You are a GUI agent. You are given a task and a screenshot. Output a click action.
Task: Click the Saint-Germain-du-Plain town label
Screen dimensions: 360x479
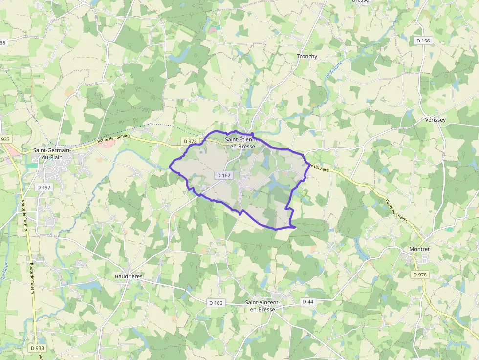[52, 154]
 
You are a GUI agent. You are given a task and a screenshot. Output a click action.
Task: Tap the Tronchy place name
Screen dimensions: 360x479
[307, 56]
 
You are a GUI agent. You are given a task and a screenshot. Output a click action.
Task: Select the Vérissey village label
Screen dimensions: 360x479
[435, 120]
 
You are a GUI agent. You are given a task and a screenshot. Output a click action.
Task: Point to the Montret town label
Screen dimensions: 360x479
[419, 249]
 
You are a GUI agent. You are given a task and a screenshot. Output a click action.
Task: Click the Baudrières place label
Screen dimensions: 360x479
[129, 276]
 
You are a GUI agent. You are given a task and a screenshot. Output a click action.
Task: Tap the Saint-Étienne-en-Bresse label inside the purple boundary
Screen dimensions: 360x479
[240, 143]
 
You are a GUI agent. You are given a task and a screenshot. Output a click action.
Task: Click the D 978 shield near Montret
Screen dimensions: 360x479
[419, 275]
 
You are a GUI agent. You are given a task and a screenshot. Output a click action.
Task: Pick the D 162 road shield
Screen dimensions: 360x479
[223, 175]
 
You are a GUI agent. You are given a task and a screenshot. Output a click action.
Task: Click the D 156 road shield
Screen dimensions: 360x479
[423, 41]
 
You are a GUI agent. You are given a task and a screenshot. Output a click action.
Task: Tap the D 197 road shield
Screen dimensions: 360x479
[44, 187]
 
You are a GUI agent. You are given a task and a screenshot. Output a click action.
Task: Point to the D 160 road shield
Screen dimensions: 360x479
[215, 303]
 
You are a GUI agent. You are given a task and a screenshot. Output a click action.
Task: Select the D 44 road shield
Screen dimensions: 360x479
[307, 301]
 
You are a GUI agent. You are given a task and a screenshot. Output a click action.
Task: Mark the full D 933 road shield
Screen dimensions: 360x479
[37, 348]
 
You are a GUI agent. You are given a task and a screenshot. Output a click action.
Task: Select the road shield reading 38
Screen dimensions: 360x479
[3, 43]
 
